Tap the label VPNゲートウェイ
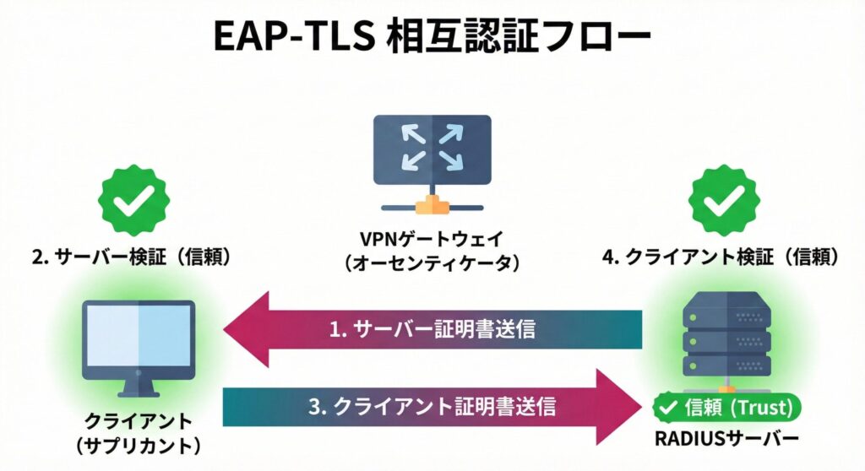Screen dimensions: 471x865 coord(432,237)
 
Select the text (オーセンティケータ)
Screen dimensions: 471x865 coord(432,262)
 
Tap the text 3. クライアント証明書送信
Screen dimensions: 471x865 coord(432,407)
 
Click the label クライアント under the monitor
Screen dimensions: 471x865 coord(138,420)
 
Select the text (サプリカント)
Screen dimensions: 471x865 coord(138,445)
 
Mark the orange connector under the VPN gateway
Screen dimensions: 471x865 coord(431,203)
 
